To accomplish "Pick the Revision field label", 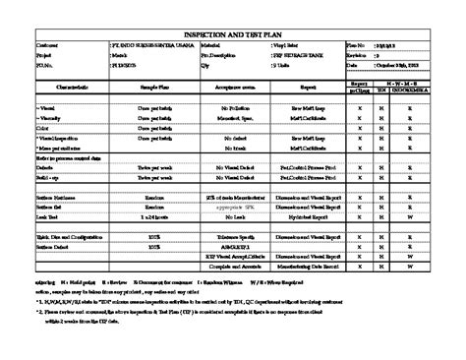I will pos(360,56).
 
